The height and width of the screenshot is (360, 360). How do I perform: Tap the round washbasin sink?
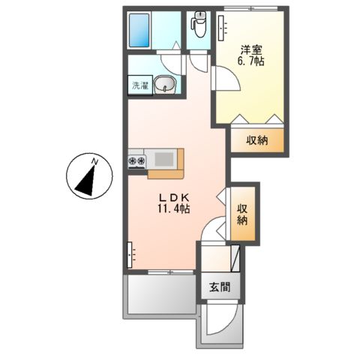tap(168, 85)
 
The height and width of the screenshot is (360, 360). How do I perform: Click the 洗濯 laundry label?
tap(140, 85)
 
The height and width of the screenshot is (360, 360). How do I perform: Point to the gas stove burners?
tap(137, 160)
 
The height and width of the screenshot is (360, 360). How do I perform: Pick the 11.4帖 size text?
tap(173, 211)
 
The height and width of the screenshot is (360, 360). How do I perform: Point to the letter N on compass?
tap(94, 160)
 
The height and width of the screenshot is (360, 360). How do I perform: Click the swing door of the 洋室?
tap(226, 78)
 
